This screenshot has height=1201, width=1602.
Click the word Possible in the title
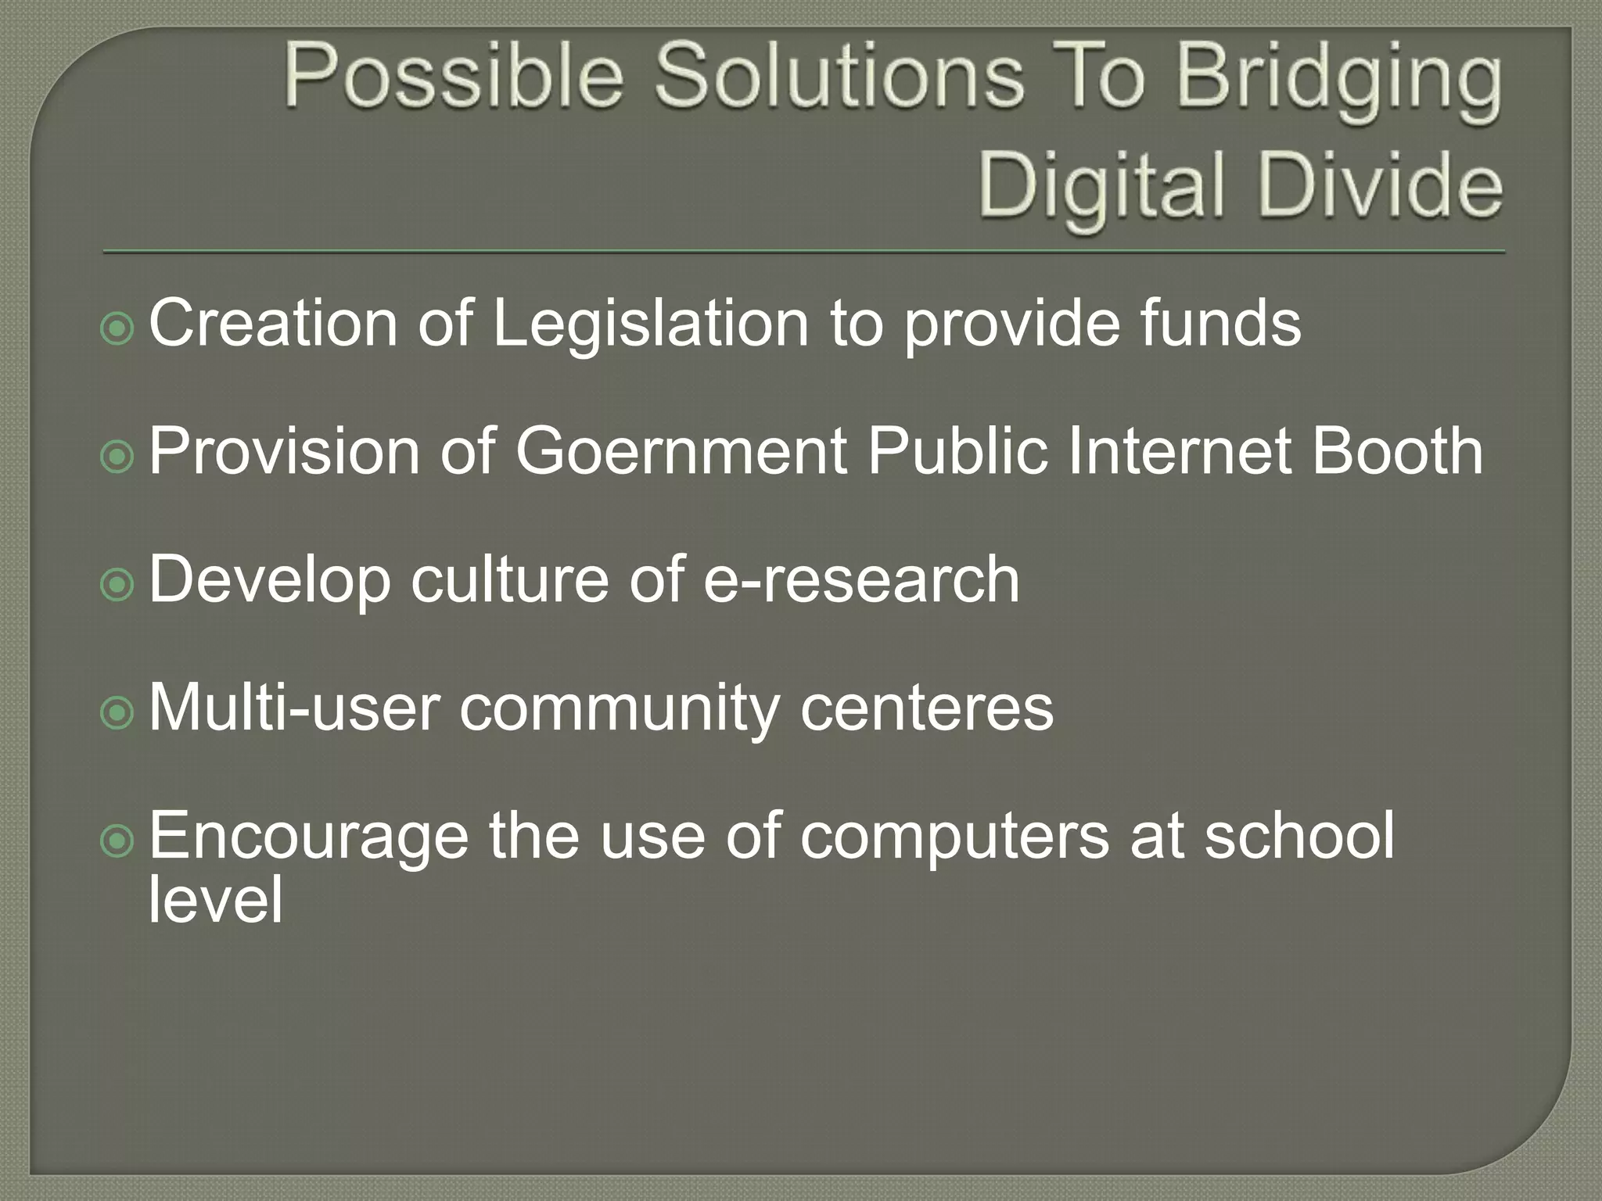(x=454, y=78)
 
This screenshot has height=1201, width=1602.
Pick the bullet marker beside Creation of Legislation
(x=117, y=329)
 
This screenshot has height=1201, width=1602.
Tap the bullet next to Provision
(x=117, y=457)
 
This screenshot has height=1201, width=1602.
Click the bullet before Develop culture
(x=117, y=585)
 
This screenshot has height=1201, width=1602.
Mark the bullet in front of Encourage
(x=117, y=841)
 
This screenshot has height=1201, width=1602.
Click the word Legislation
(x=650, y=324)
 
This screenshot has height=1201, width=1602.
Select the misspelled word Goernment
(x=681, y=451)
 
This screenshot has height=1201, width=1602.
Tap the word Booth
(x=1397, y=451)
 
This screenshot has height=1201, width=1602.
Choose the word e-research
(x=861, y=579)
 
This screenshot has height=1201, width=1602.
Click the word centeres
(x=927, y=708)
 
